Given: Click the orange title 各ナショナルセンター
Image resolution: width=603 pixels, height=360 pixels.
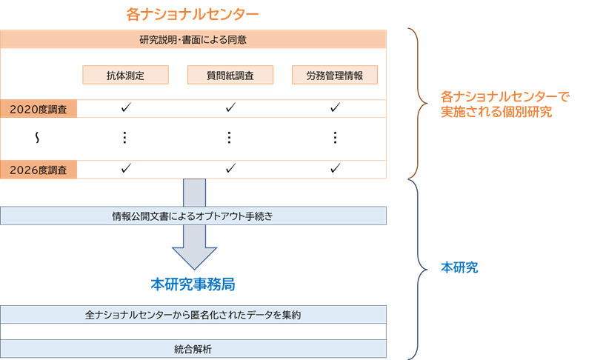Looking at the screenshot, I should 193,14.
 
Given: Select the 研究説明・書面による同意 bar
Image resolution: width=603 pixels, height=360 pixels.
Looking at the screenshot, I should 193,39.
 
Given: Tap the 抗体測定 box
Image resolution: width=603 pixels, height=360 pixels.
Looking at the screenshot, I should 125,76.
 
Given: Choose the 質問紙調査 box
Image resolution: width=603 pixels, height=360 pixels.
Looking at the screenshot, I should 230,76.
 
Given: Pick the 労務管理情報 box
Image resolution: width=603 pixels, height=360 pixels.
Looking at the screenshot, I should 335,76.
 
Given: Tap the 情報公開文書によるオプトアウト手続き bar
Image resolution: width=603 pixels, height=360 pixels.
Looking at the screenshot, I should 193,216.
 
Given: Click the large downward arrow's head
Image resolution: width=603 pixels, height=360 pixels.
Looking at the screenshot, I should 195,256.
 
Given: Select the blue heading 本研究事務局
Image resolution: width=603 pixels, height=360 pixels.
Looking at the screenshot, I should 193,284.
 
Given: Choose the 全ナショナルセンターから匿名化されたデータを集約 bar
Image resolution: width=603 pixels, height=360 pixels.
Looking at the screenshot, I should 193,315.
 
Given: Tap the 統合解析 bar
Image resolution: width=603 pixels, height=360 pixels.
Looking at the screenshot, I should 193,349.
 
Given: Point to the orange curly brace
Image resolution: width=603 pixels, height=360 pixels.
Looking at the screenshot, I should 415,104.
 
